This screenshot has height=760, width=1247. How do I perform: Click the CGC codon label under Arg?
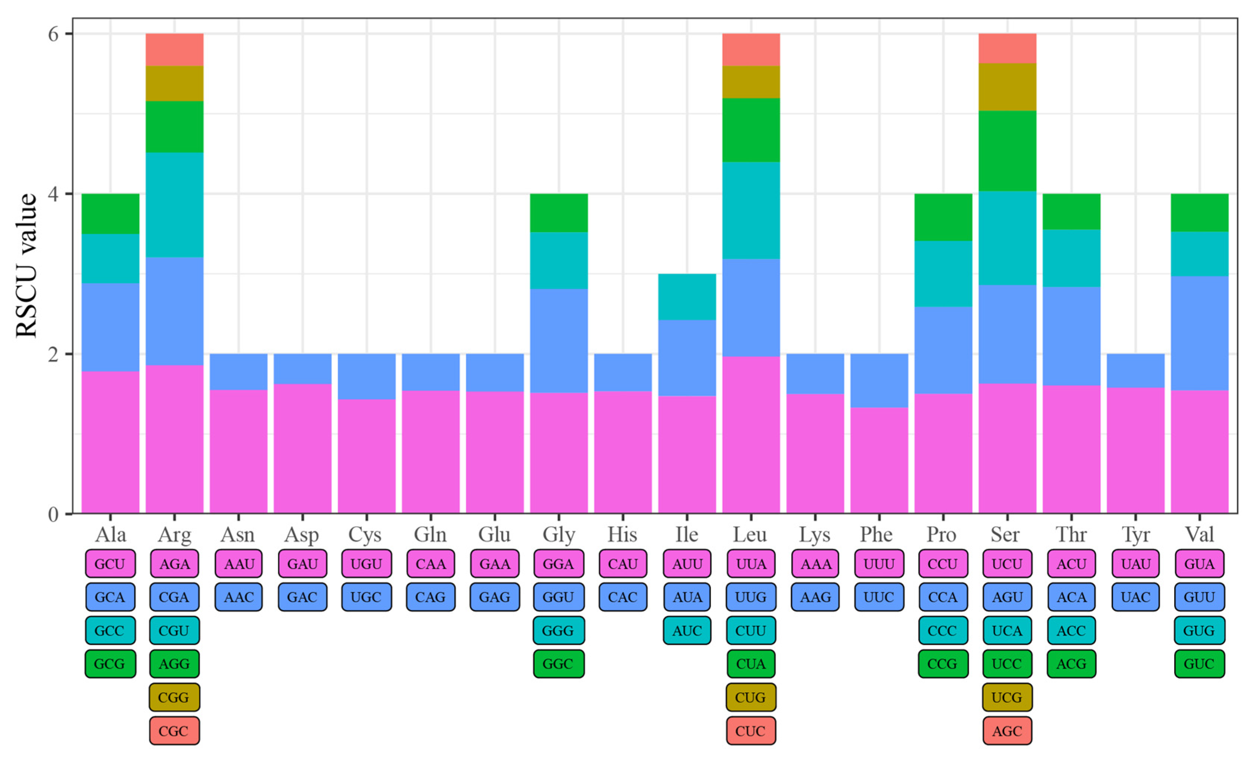tap(174, 731)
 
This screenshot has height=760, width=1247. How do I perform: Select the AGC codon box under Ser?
tap(1007, 731)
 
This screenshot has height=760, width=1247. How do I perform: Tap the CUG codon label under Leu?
tap(751, 697)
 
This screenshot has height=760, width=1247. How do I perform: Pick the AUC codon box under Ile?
tap(687, 631)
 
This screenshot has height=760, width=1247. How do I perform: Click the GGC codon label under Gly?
tap(559, 664)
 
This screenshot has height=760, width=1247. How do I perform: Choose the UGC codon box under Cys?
tap(366, 597)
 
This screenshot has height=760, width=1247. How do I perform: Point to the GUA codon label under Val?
tap(1199, 564)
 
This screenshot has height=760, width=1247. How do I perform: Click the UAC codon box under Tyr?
tap(1136, 597)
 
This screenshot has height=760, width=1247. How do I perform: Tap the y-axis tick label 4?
tap(53, 194)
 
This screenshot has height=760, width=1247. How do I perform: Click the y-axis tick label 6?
tap(53, 34)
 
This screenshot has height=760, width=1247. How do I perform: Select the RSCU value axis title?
tap(26, 266)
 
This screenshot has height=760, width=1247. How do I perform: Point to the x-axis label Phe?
tap(878, 534)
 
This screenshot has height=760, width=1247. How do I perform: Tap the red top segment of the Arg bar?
tap(175, 50)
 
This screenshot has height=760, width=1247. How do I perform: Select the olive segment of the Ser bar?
tap(1007, 87)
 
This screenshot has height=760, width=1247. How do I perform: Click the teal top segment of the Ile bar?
tap(687, 296)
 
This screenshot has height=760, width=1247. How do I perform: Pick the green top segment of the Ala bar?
tap(110, 214)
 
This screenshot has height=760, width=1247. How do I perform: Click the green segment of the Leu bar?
tap(751, 130)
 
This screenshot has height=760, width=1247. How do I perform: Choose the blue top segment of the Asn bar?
tap(238, 371)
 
